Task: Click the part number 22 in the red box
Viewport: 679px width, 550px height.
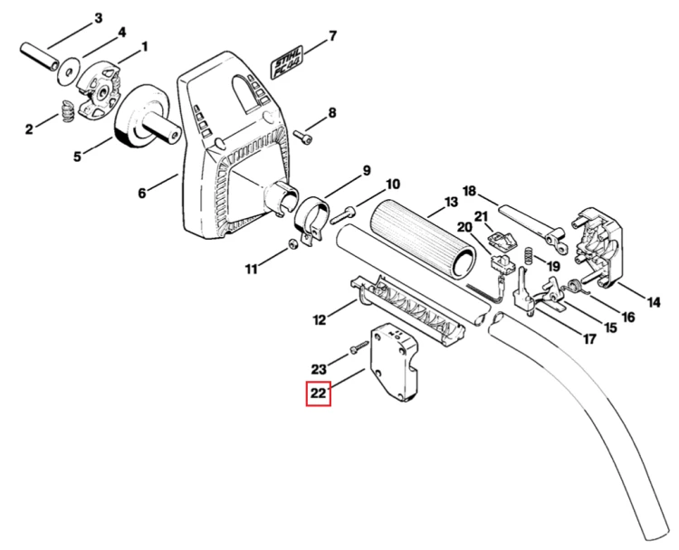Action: [319, 394]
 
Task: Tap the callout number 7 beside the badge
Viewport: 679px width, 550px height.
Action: [332, 35]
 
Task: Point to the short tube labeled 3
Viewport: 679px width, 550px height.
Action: [40, 55]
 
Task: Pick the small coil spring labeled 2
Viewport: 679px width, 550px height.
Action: [68, 111]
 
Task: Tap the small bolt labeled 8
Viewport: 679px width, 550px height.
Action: [302, 137]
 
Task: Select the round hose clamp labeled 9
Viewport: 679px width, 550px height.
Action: [311, 222]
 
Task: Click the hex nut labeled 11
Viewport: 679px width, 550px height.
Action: [292, 245]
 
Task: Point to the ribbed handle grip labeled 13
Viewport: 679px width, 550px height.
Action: [424, 238]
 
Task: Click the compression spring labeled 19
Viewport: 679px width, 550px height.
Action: [530, 257]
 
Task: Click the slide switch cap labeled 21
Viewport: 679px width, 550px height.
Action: [503, 240]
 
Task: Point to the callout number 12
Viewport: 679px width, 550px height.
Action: [320, 320]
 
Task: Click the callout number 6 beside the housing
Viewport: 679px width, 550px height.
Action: [142, 193]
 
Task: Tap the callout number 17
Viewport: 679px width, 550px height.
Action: [589, 339]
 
